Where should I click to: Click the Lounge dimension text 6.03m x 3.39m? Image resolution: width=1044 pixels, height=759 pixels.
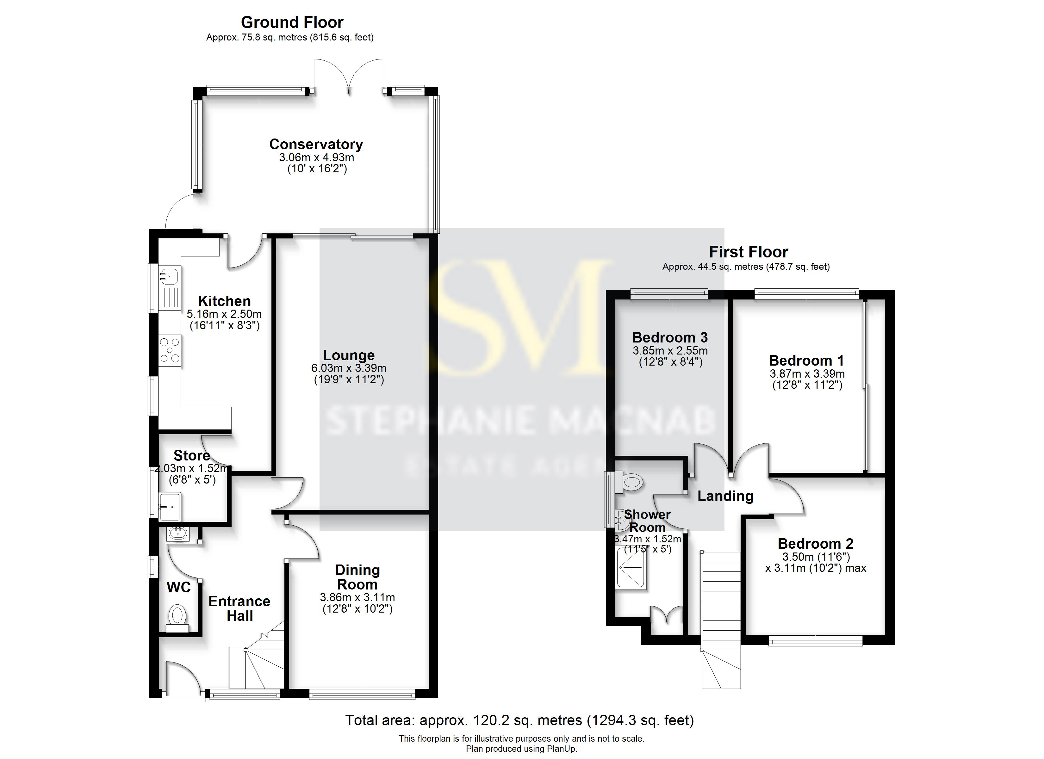(x=348, y=368)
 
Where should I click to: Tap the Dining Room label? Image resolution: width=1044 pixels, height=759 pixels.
(x=357, y=577)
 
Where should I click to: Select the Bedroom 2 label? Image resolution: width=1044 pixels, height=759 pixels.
(x=815, y=544)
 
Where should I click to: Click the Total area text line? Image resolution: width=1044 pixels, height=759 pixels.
(x=519, y=720)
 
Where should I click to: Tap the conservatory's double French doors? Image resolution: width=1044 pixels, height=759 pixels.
(x=348, y=76)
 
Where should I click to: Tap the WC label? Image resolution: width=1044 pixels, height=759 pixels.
(x=179, y=587)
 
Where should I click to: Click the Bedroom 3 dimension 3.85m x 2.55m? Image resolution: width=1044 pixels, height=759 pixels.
(x=670, y=351)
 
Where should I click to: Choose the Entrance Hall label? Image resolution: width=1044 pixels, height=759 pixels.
(x=239, y=608)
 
